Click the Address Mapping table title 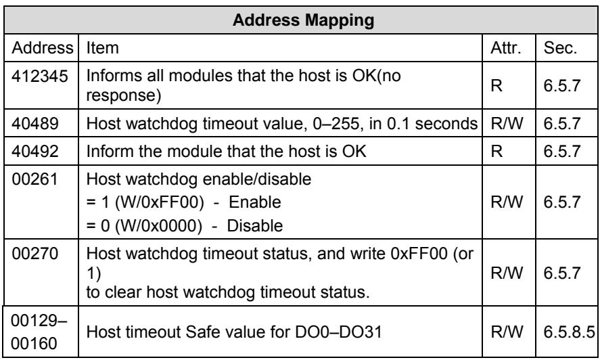click(x=304, y=20)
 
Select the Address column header click(x=42, y=48)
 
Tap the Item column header click(x=103, y=48)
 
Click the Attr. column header click(x=506, y=48)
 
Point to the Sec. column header click(x=560, y=48)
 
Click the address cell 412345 click(x=40, y=76)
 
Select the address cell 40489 click(x=35, y=123)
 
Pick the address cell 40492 click(x=35, y=152)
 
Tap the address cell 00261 click(x=34, y=179)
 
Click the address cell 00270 click(x=34, y=254)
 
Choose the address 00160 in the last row click(x=34, y=343)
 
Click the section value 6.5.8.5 click(x=570, y=332)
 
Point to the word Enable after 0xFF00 click(x=255, y=202)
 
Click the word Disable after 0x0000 click(x=255, y=225)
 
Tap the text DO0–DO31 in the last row click(x=338, y=332)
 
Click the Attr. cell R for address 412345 click(x=497, y=85)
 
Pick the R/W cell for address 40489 click(x=507, y=123)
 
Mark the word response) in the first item click(x=124, y=95)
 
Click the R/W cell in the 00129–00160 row click(x=507, y=332)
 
